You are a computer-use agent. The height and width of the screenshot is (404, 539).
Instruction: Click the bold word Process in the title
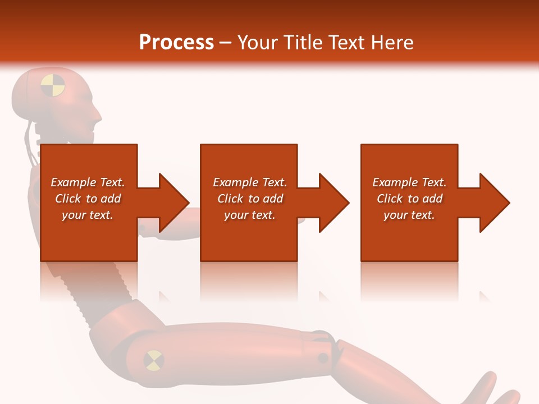coord(176,43)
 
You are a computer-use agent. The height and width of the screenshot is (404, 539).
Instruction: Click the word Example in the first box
coord(74,182)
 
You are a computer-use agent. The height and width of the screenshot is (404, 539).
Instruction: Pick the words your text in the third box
coord(409,215)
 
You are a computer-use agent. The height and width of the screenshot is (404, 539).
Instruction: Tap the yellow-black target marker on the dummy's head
coord(53,85)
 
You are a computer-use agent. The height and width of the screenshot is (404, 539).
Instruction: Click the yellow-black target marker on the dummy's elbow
coord(153,360)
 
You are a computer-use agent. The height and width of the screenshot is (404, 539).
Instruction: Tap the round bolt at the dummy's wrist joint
coord(323,357)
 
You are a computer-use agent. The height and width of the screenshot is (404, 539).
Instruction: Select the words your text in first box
coord(88,215)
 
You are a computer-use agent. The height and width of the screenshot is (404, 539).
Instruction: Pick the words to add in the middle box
coord(266,199)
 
